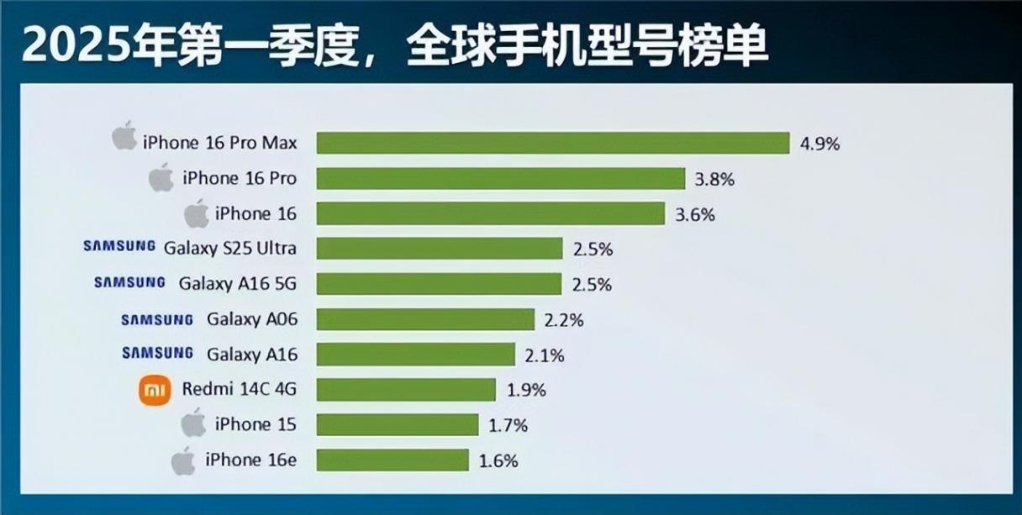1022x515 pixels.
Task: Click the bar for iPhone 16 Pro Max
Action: pos(552,143)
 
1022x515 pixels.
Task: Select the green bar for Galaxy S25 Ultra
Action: pos(439,249)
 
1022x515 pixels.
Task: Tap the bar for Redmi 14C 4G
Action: pos(406,390)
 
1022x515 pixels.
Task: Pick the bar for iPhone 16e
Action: pos(392,460)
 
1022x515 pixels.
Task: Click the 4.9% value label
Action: pos(819,144)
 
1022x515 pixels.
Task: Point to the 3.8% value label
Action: pos(715,179)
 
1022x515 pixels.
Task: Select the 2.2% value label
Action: pos(564,320)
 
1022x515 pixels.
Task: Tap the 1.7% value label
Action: pos(508,426)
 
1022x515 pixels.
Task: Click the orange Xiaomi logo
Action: pos(155,390)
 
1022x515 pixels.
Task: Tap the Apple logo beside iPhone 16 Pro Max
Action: pos(124,137)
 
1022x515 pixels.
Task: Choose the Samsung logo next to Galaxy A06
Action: pos(157,319)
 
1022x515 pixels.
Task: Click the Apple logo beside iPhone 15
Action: pos(193,423)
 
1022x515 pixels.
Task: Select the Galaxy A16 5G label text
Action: pos(237,284)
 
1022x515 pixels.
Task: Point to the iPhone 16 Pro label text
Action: pos(239,179)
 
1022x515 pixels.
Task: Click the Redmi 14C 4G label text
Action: pos(239,390)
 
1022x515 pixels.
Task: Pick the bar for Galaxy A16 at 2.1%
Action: pos(415,355)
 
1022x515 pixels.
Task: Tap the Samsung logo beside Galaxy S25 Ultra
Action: pos(119,247)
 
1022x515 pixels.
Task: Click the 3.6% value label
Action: pos(695,214)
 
